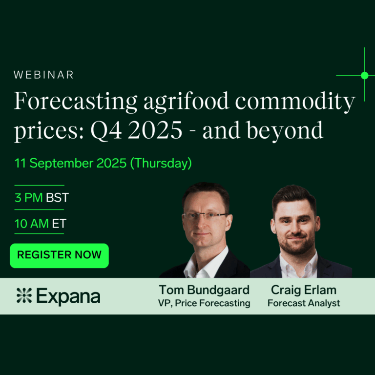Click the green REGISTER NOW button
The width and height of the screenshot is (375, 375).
click(x=59, y=255)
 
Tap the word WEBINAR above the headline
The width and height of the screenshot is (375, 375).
click(x=43, y=75)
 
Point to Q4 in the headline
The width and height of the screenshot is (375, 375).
click(x=106, y=130)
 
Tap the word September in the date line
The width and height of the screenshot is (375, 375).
click(x=62, y=164)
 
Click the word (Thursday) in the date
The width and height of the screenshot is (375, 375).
click(x=161, y=164)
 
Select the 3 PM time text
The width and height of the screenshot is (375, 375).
click(x=29, y=198)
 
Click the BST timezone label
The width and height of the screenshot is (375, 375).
click(x=57, y=198)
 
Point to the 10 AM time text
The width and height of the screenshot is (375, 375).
click(x=32, y=224)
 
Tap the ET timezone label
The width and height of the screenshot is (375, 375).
click(x=59, y=224)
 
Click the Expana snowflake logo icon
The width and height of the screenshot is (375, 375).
click(x=24, y=295)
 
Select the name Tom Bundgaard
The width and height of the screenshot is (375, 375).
click(x=204, y=290)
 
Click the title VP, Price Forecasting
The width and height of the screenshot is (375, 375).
click(x=204, y=303)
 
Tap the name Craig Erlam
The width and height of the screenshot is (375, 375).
click(x=304, y=290)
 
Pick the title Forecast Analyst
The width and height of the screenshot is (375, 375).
click(x=304, y=303)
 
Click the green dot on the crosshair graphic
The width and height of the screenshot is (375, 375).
click(x=364, y=75)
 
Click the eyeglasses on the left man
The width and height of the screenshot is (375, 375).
click(x=205, y=216)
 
